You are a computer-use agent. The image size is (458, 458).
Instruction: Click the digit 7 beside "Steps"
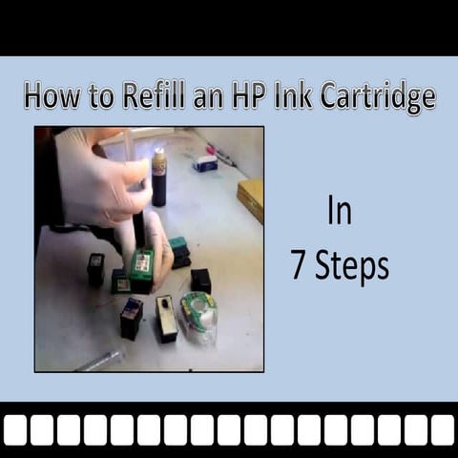(x=299, y=267)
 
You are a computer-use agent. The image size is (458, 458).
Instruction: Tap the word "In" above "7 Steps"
(x=339, y=212)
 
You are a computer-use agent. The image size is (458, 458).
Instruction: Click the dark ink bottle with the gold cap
(x=158, y=178)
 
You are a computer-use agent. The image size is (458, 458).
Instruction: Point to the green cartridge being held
(x=141, y=268)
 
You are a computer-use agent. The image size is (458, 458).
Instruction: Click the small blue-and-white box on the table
(x=205, y=164)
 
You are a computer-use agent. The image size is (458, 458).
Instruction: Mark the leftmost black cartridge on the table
(x=96, y=269)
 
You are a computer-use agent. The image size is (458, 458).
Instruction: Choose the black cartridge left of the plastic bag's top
(x=200, y=280)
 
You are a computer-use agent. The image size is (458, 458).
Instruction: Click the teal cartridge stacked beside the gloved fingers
(x=178, y=252)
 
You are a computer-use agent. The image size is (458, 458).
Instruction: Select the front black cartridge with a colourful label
(x=132, y=318)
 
